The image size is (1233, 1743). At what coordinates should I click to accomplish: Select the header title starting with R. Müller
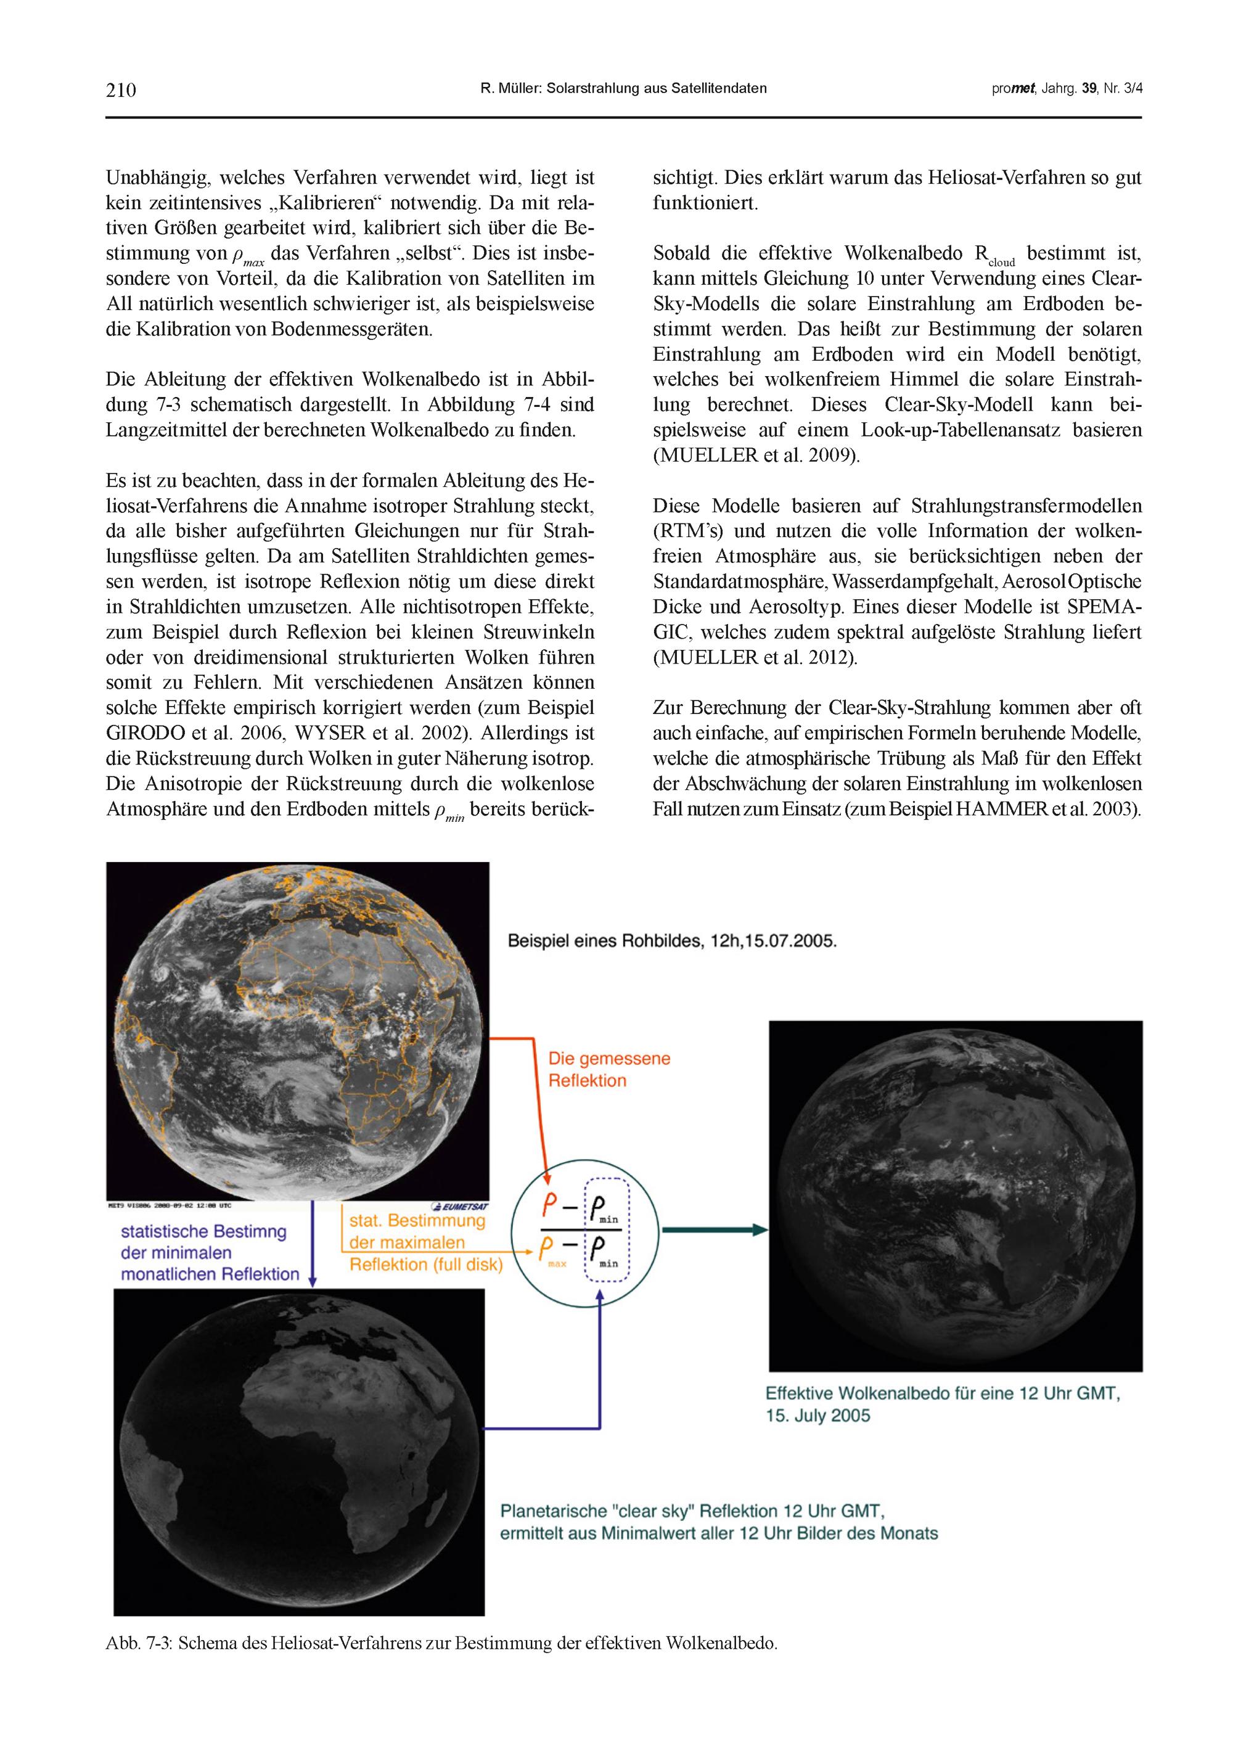pyautogui.click(x=623, y=89)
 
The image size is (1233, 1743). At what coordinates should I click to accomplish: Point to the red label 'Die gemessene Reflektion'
pyautogui.click(x=609, y=1070)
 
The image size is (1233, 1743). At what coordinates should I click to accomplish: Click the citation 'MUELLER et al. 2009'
pyautogui.click(x=755, y=456)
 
